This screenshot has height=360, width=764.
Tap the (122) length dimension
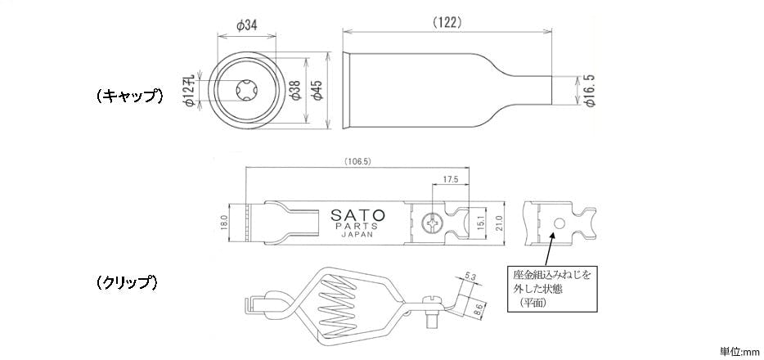[x=447, y=22]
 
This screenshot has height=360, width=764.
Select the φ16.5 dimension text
[x=590, y=90]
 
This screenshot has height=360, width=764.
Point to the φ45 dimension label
[x=317, y=90]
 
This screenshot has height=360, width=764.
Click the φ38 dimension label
[x=294, y=90]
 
